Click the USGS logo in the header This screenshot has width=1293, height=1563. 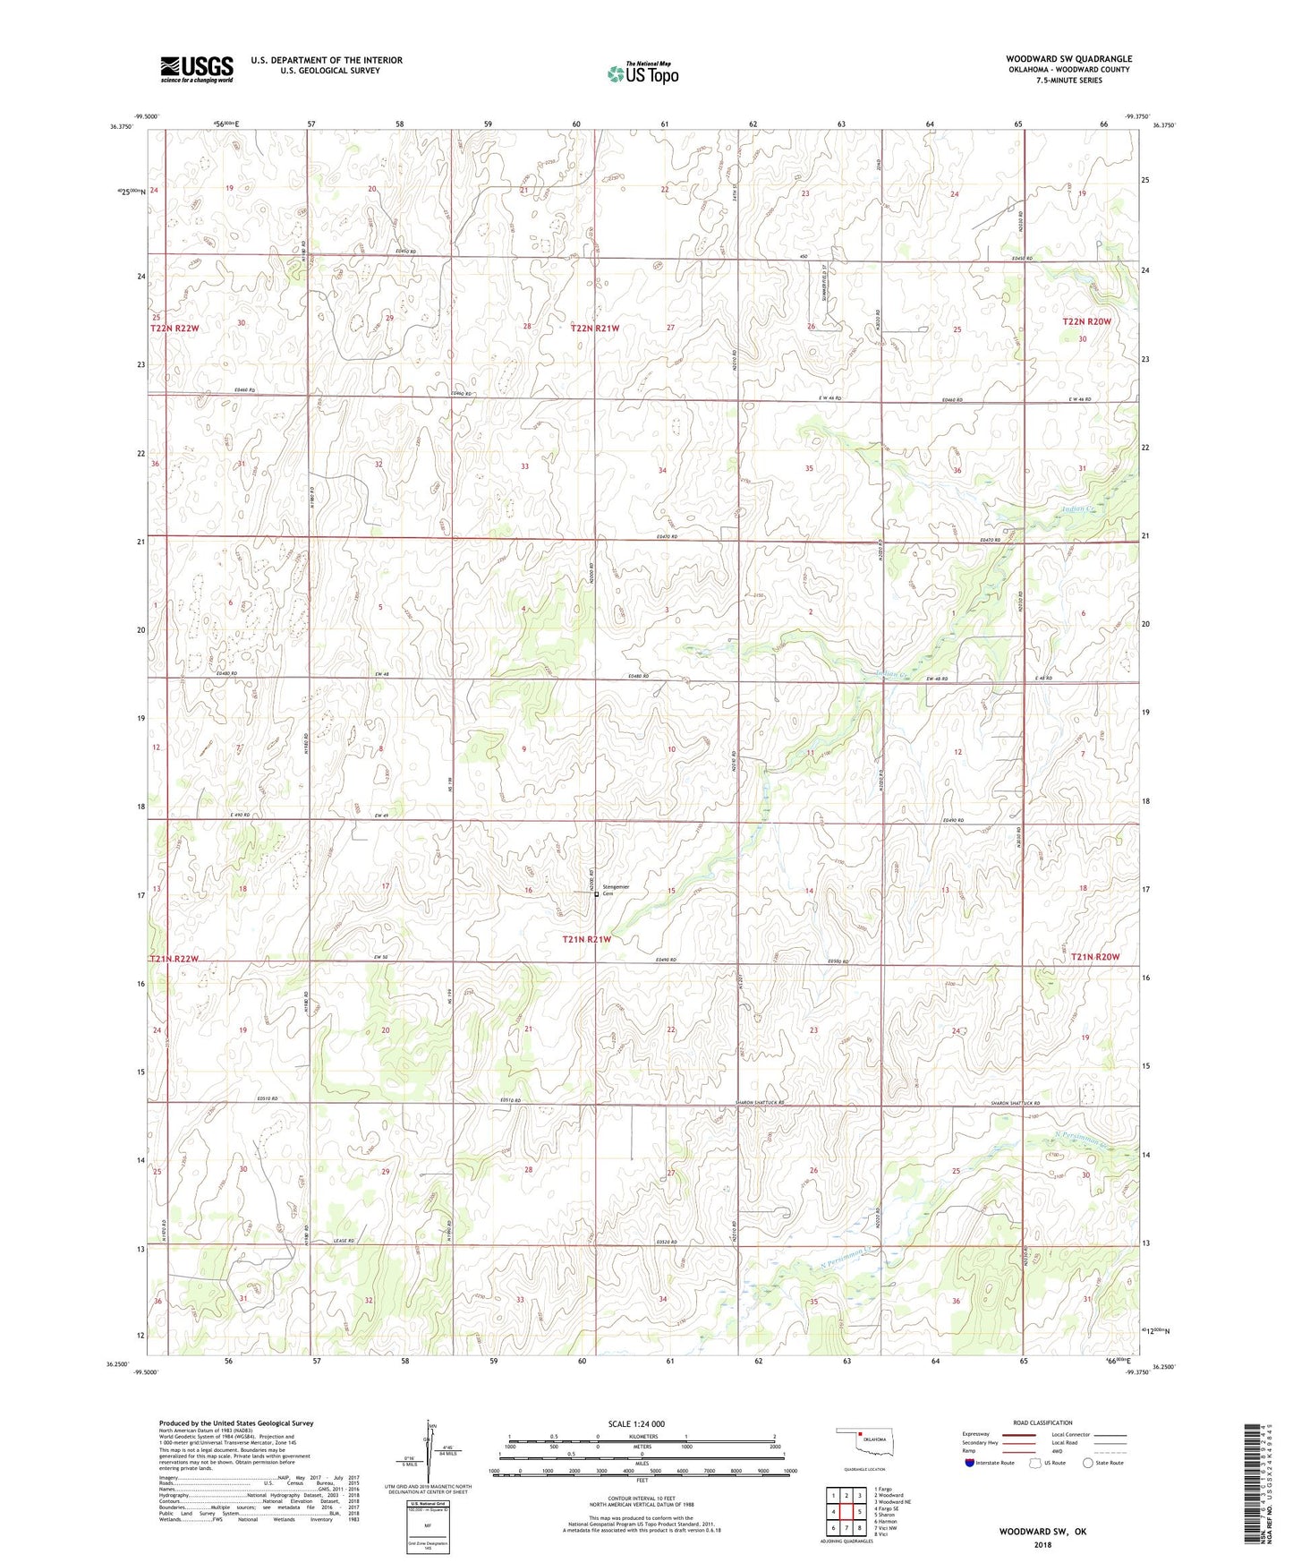(197, 69)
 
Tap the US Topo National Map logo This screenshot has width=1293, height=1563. (642, 73)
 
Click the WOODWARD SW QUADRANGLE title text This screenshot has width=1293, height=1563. (1068, 59)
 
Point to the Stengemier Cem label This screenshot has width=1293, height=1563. (617, 890)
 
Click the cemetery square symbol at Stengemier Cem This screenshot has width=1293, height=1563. (597, 893)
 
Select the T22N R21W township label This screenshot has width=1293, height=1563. (595, 329)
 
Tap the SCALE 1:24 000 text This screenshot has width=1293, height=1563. (636, 1423)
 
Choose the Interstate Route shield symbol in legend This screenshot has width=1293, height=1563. (969, 1463)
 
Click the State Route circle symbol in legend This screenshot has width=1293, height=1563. (1088, 1463)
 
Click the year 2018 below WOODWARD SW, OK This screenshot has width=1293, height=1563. (1042, 1543)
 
